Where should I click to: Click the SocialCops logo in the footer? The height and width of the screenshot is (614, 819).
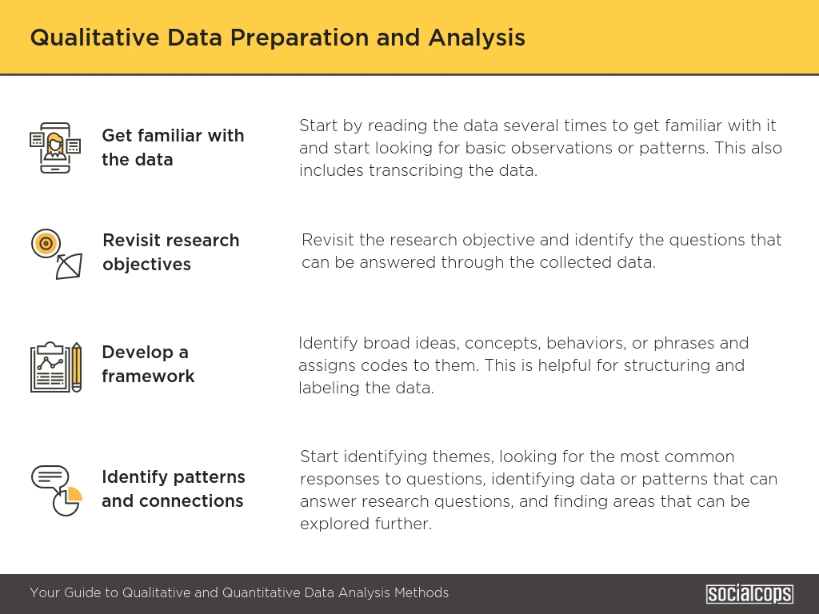[749, 594]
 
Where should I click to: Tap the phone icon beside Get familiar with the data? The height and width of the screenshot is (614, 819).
[55, 148]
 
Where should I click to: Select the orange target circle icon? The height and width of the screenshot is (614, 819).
[46, 243]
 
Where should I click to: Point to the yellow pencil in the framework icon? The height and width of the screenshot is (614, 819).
[76, 367]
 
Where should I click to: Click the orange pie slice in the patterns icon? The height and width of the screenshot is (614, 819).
[74, 494]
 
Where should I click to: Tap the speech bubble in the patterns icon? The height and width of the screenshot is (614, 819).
[50, 479]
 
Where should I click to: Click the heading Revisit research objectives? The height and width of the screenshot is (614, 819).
[171, 252]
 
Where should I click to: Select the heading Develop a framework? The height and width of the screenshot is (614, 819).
[148, 364]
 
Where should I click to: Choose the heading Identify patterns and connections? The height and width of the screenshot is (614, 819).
[173, 488]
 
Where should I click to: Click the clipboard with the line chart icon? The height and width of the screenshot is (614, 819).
[50, 367]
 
